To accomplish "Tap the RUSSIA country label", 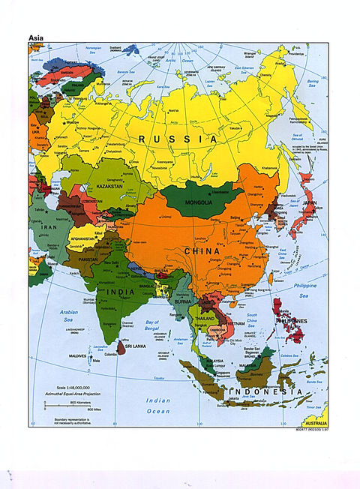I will click(177, 139).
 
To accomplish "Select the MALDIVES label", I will click(78, 355).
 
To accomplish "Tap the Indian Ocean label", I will click(157, 406).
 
